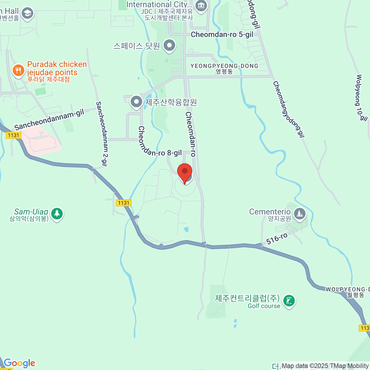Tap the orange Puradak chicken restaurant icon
[x=18, y=71]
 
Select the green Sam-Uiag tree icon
[x=57, y=213]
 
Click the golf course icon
[x=289, y=301]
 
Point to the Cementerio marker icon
[x=299, y=213]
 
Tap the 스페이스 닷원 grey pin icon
[x=169, y=46]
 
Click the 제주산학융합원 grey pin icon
[x=136, y=101]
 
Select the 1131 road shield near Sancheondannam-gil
[x=14, y=135]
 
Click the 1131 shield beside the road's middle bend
[x=123, y=203]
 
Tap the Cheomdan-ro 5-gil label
[x=222, y=35]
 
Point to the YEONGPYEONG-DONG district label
[x=224, y=66]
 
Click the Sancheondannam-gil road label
[x=49, y=120]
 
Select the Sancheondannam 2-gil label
[x=102, y=134]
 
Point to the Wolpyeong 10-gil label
[x=361, y=98]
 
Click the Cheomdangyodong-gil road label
[x=289, y=109]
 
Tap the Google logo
[x=19, y=363]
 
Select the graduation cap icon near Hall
[x=28, y=13]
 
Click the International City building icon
[x=201, y=6]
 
